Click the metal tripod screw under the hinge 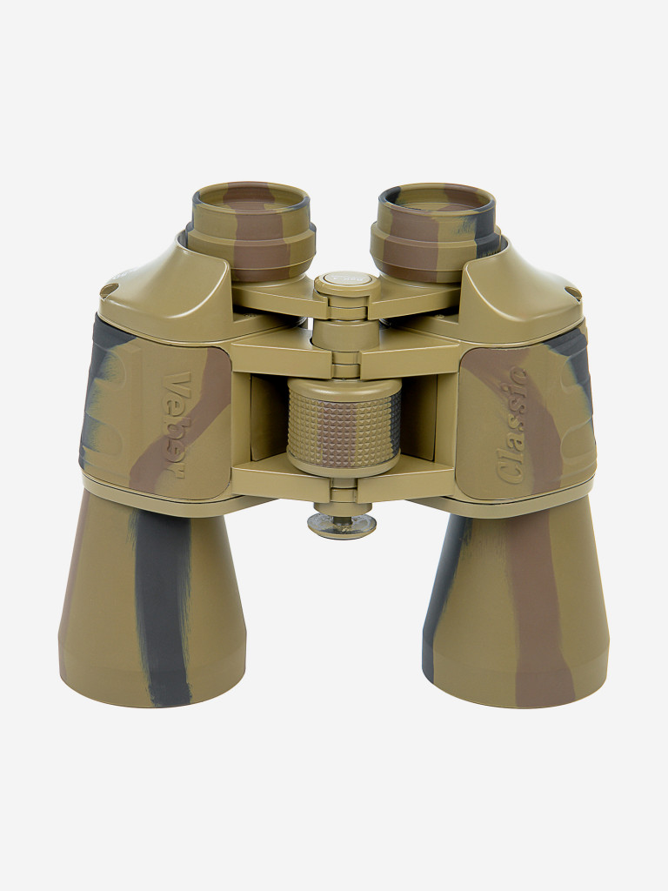[x=342, y=523]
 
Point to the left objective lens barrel [x=152, y=600]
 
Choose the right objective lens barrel [x=515, y=602]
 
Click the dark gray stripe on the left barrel [x=161, y=608]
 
